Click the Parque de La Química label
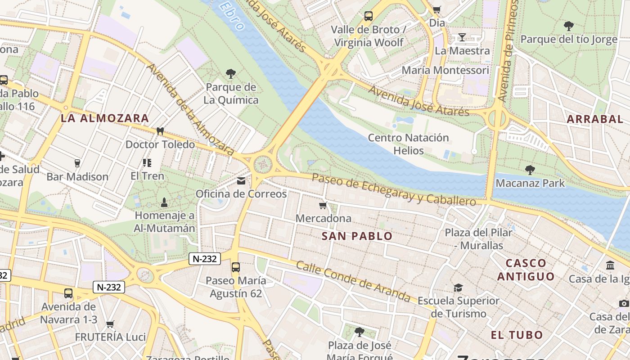[x=231, y=94]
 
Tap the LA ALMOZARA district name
[x=105, y=118]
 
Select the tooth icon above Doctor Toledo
[x=159, y=131]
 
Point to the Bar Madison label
[x=77, y=177]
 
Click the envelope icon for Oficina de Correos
[x=241, y=181]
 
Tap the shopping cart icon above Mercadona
[x=323, y=206]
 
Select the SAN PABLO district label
[x=357, y=236]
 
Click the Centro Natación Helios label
[x=408, y=144]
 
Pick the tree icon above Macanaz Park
[x=530, y=170]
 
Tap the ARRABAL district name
[x=594, y=119]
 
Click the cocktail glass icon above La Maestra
[x=462, y=37]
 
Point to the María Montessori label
[x=445, y=70]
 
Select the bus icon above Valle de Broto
[x=368, y=16]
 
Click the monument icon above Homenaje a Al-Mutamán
[x=164, y=202]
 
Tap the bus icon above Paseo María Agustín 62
[x=236, y=267]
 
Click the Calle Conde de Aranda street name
[x=353, y=281]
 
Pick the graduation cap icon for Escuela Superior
[x=458, y=288]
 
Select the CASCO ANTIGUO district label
[x=526, y=270]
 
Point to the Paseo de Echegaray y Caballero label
[x=393, y=189]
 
